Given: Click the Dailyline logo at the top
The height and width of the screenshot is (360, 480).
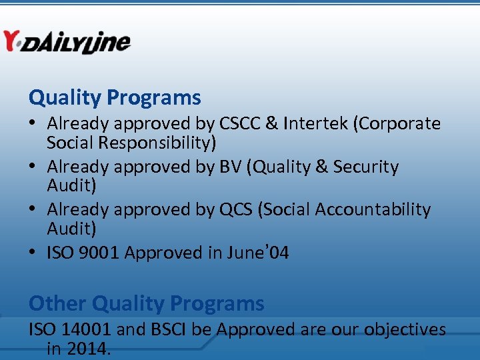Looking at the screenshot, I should click(67, 42).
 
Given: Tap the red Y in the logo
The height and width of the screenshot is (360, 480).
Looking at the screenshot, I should click(11, 41).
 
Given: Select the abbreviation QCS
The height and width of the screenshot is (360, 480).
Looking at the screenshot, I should click(236, 209).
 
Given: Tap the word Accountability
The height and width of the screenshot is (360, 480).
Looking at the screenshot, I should click(373, 209).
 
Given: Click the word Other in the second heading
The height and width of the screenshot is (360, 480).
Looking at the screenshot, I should click(57, 303).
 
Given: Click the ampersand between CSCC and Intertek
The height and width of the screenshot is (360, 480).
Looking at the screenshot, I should click(272, 124).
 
